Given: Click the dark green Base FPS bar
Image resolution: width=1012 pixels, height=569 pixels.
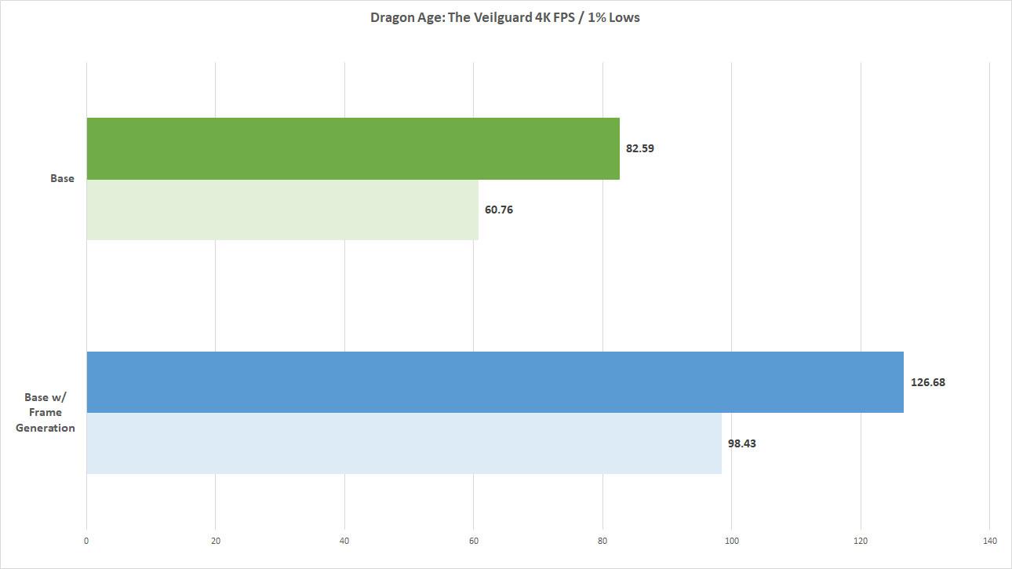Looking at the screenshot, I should pyautogui.click(x=353, y=148).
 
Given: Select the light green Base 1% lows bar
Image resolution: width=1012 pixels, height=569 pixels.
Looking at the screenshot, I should pyautogui.click(x=282, y=210).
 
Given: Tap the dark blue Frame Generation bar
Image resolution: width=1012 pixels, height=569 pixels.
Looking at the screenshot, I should pyautogui.click(x=494, y=382).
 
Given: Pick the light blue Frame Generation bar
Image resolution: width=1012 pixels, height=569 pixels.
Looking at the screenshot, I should pyautogui.click(x=403, y=443).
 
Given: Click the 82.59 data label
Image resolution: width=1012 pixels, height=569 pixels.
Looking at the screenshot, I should pyautogui.click(x=640, y=148).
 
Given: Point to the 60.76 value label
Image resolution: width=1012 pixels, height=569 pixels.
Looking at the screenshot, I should pyautogui.click(x=499, y=210).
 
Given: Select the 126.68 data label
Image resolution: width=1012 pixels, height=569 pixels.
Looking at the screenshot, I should pyautogui.click(x=928, y=382).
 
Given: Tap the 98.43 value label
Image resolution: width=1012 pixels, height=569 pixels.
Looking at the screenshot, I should pyautogui.click(x=742, y=443).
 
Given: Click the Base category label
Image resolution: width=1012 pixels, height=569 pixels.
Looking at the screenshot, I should pyautogui.click(x=62, y=178).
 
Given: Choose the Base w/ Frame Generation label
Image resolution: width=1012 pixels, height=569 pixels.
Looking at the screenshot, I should pyautogui.click(x=46, y=412).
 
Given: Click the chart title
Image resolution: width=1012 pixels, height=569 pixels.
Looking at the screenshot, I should pyautogui.click(x=505, y=17).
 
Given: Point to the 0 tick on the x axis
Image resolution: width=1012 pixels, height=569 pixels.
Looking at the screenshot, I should pyautogui.click(x=86, y=541).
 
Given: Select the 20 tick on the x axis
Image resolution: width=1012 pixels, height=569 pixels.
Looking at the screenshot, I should pyautogui.click(x=216, y=541).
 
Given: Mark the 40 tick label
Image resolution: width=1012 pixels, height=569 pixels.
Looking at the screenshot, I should pyautogui.click(x=344, y=541).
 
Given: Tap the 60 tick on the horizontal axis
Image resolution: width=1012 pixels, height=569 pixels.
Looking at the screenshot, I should pyautogui.click(x=474, y=541).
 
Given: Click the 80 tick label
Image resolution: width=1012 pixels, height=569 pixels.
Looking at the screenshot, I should pyautogui.click(x=602, y=541).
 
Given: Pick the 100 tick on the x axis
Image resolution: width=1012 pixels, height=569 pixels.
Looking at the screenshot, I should pyautogui.click(x=731, y=541).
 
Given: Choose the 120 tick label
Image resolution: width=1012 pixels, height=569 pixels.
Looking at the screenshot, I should pyautogui.click(x=861, y=541).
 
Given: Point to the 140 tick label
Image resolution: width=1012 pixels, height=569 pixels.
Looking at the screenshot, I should pyautogui.click(x=989, y=541).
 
